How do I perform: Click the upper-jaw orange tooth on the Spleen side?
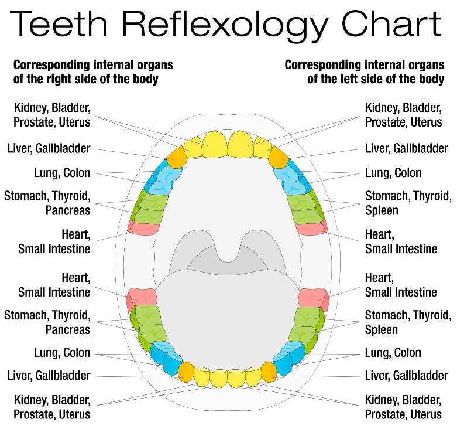(278, 156)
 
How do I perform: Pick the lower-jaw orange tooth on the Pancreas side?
(186, 371)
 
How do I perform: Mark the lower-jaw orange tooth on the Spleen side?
(269, 371)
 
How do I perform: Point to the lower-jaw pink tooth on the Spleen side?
(314, 297)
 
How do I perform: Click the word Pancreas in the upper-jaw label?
(68, 210)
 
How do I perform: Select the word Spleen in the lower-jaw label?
(382, 329)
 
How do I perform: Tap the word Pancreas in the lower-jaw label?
(68, 329)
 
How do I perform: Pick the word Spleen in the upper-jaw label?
(382, 210)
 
